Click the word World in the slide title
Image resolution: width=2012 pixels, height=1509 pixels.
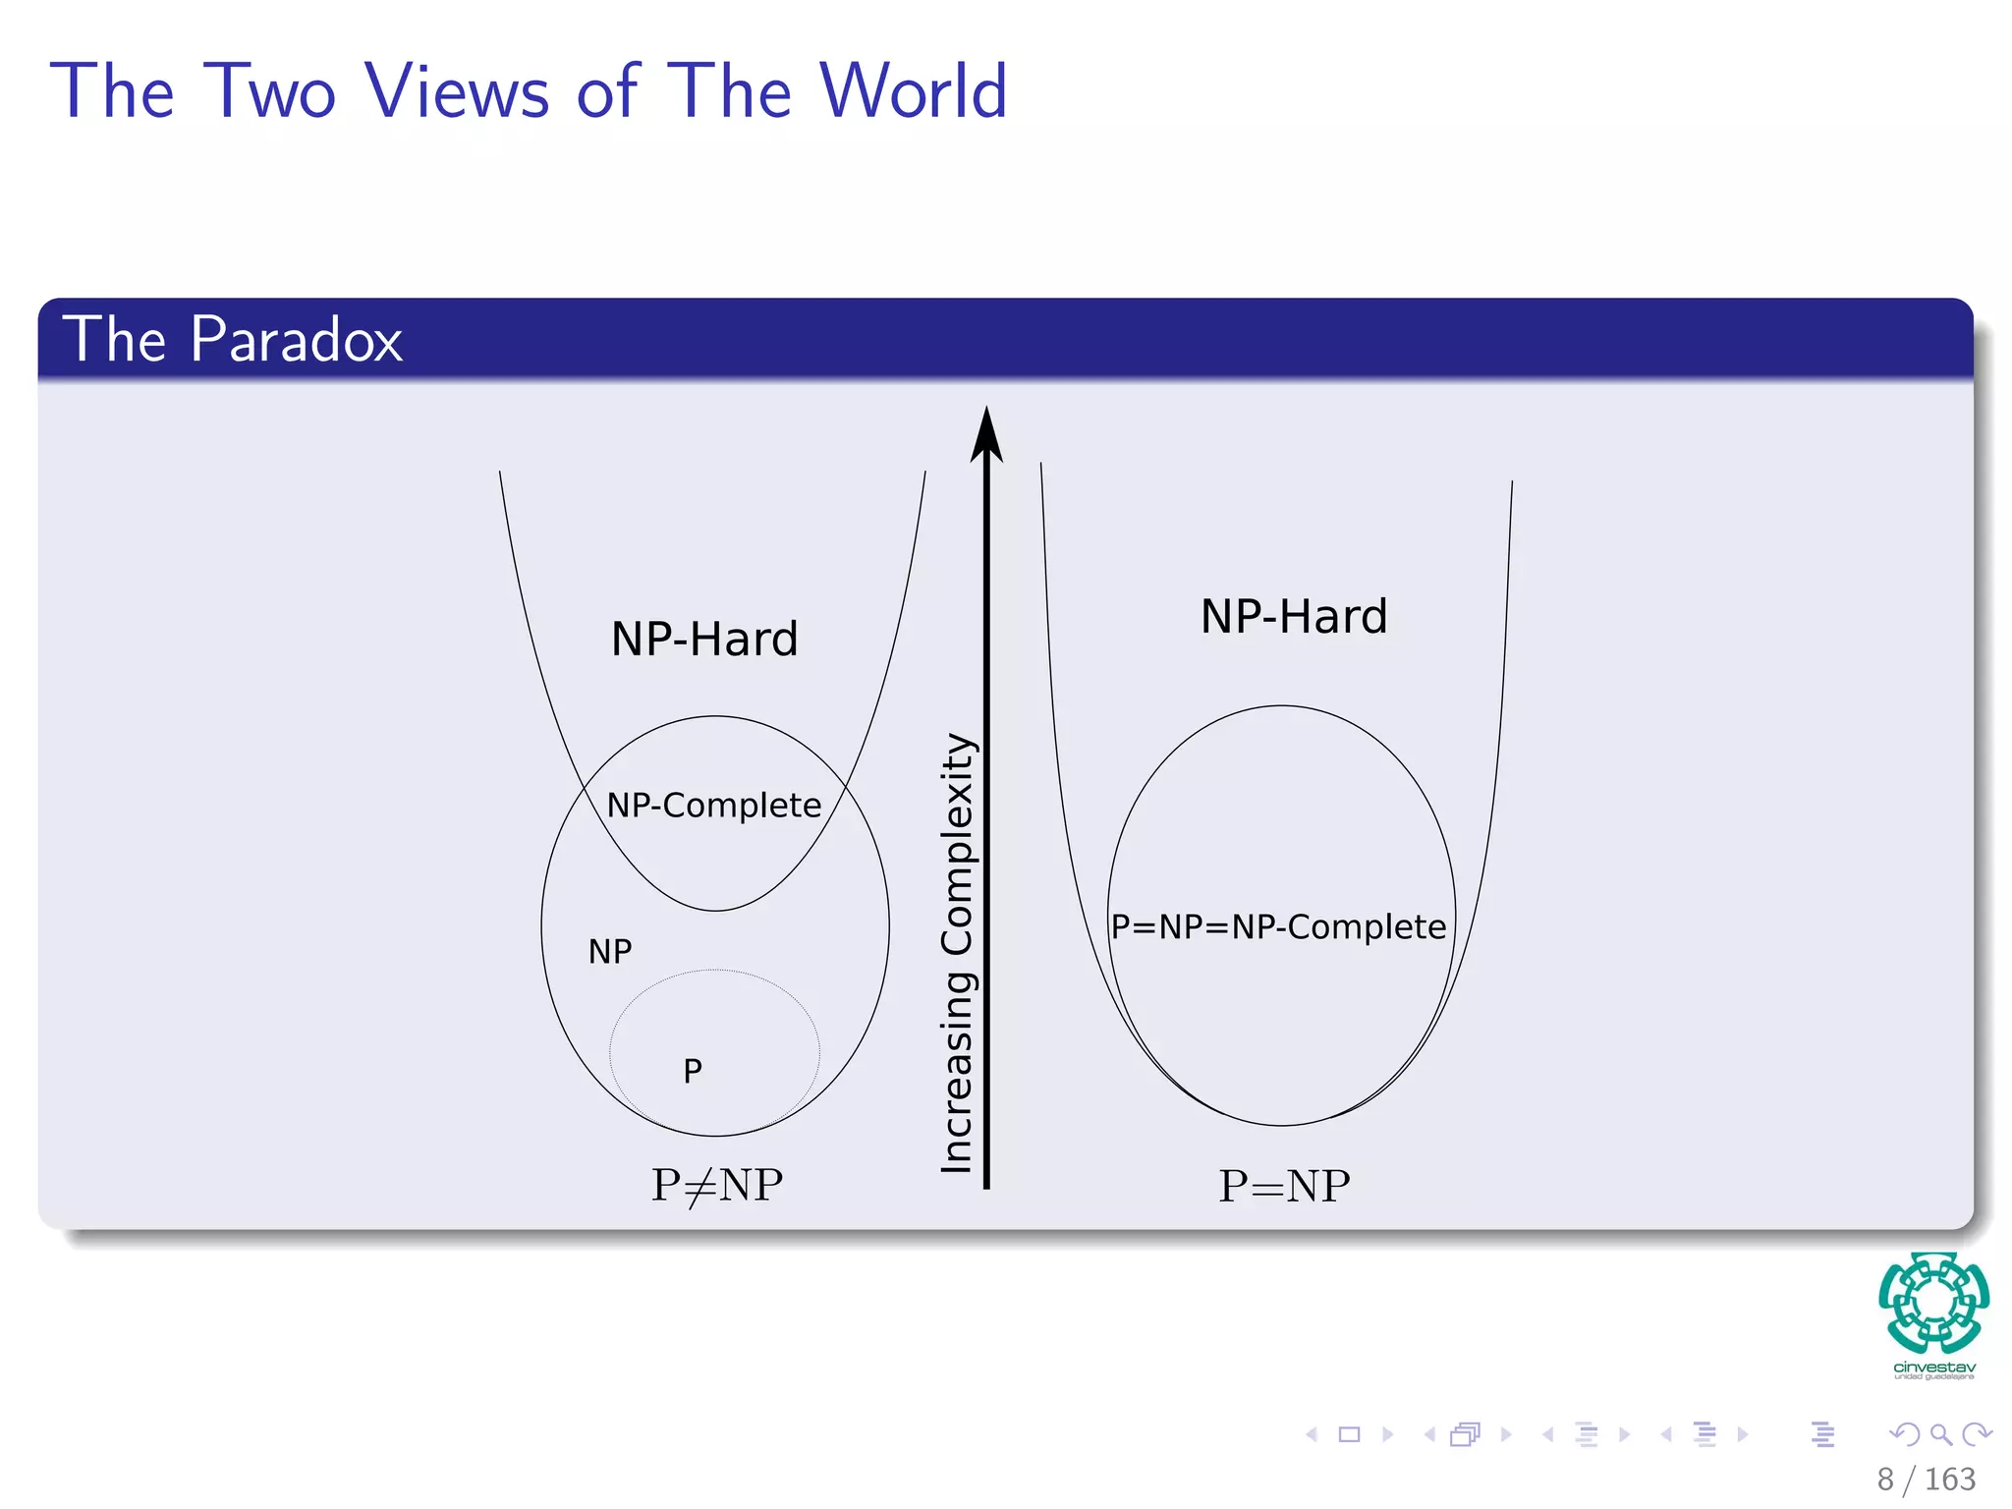(913, 91)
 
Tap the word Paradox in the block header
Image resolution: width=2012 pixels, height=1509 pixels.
(296, 340)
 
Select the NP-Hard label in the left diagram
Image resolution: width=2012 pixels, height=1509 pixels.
(704, 640)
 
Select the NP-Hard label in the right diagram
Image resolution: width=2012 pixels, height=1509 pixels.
(1294, 617)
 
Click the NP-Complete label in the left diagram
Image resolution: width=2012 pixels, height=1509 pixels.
(713, 806)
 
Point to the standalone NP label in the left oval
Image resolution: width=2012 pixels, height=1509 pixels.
(610, 951)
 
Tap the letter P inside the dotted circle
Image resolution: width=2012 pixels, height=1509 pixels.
(693, 1071)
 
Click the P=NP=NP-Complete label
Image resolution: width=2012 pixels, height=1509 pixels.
(1278, 926)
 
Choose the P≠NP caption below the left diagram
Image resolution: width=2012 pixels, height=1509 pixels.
(717, 1186)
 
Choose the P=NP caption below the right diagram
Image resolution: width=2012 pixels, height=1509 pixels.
(1284, 1187)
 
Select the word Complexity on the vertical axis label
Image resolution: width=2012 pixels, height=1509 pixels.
(956, 845)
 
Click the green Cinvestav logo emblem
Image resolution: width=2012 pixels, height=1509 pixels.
(1933, 1303)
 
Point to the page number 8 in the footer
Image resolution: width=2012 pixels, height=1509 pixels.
(1885, 1480)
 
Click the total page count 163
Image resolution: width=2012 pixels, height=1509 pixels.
(1949, 1480)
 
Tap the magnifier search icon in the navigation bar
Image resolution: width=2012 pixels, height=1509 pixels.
(1940, 1435)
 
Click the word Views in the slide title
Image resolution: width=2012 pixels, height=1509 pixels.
(457, 91)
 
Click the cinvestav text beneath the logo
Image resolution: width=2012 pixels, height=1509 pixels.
(1933, 1368)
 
